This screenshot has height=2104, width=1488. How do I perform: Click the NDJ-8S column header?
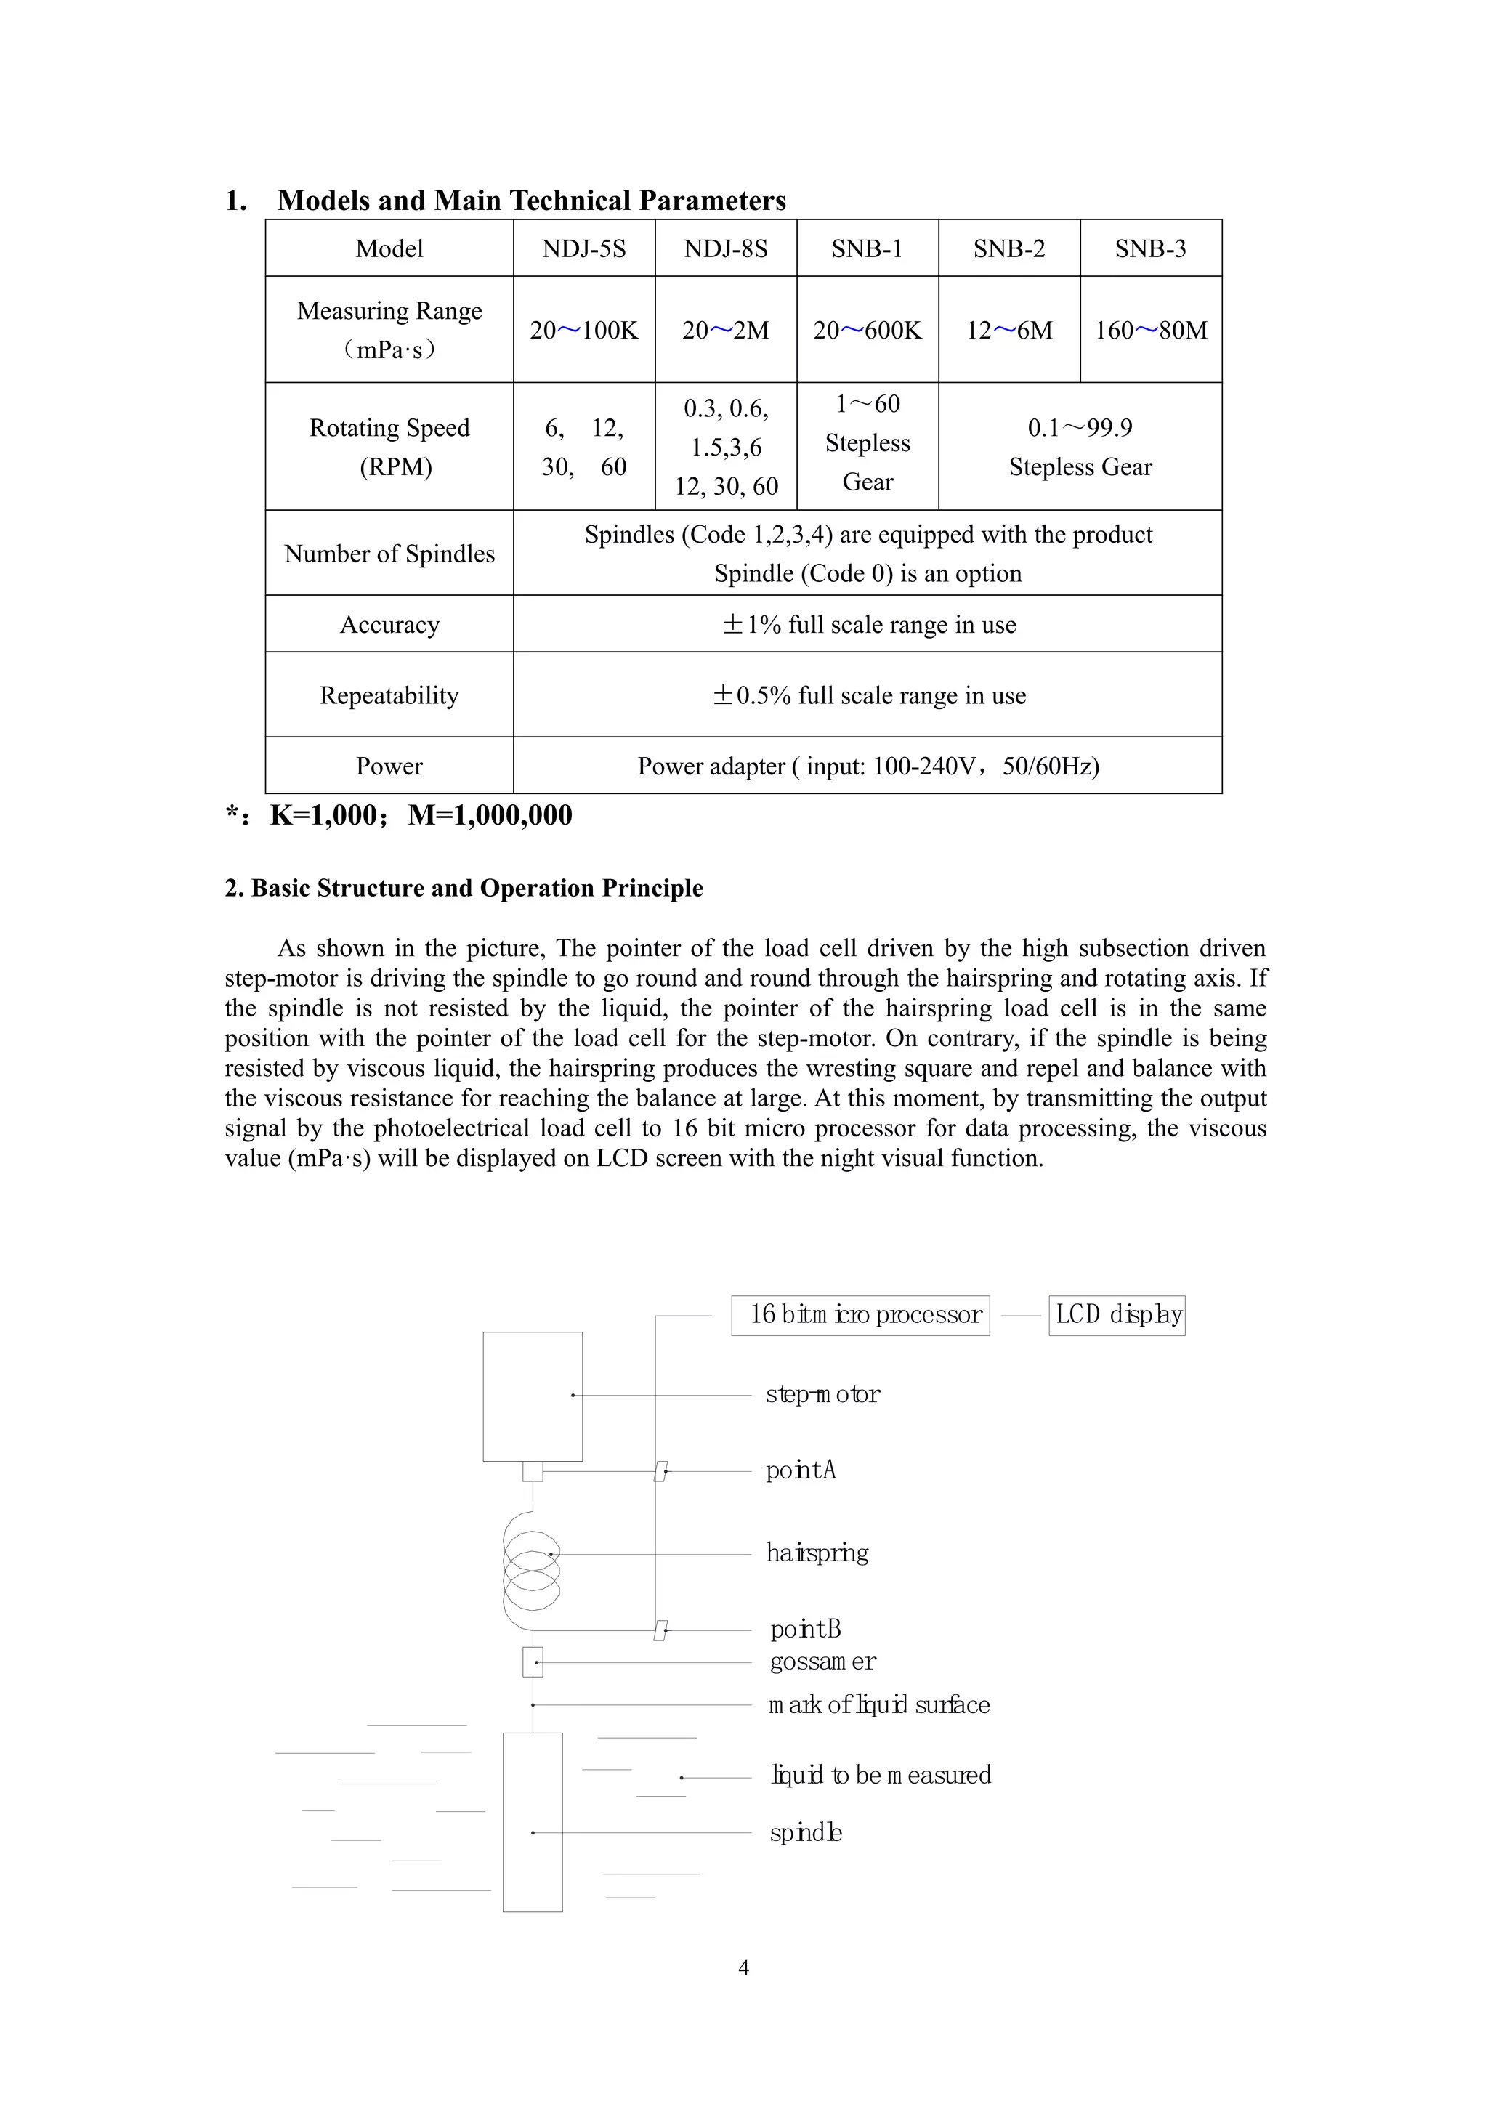point(726,248)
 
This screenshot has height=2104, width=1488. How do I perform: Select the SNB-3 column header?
point(1150,248)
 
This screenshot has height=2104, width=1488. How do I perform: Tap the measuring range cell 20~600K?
point(867,330)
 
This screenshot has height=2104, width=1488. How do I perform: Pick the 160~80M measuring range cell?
point(1151,330)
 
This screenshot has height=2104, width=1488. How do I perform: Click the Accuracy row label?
point(389,625)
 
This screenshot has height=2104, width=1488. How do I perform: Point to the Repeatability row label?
point(389,695)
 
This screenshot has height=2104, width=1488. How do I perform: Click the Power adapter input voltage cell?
point(868,766)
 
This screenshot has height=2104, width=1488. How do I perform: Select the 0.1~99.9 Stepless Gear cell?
point(1080,448)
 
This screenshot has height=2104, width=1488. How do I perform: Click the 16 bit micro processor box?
point(860,1315)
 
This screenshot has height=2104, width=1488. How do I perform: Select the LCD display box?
point(1117,1315)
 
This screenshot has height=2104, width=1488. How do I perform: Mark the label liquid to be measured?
point(881,1775)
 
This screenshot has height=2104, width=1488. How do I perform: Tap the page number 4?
point(743,1967)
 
